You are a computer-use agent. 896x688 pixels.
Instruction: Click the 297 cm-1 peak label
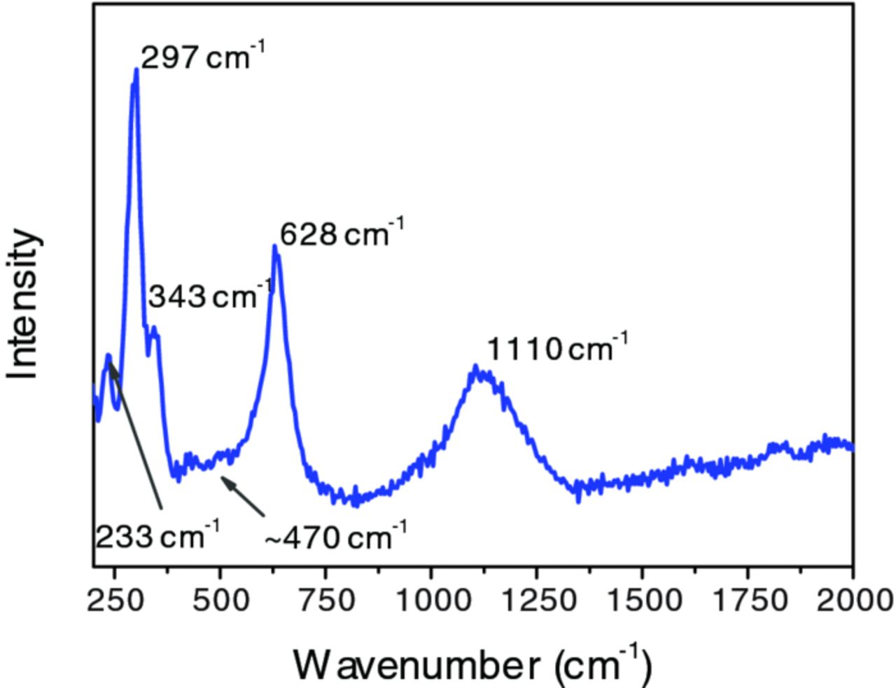[204, 57]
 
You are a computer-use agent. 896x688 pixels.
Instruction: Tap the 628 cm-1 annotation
[342, 234]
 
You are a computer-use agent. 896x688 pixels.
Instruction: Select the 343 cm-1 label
[209, 297]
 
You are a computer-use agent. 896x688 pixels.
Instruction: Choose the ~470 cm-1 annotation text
[335, 539]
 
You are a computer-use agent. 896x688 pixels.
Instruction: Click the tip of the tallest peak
[136, 70]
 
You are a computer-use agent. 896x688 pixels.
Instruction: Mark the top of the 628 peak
[274, 247]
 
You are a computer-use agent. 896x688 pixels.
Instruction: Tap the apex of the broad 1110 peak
[476, 367]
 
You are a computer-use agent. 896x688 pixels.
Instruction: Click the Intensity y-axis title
[24, 305]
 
